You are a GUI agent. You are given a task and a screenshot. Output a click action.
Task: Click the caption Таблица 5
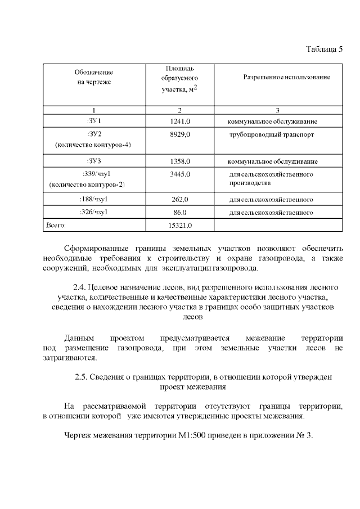tap(324, 49)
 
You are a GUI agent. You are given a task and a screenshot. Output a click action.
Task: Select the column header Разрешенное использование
tap(286, 76)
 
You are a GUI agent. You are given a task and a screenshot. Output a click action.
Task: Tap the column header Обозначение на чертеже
tap(94, 77)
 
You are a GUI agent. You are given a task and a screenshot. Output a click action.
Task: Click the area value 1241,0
tap(180, 121)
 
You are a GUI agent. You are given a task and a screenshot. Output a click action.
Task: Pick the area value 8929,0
tap(180, 135)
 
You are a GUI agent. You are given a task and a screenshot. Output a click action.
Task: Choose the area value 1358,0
tap(180, 161)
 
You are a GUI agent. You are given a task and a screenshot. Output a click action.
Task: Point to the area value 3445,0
tap(180, 174)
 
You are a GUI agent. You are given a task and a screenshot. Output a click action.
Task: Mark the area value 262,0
tap(180, 199)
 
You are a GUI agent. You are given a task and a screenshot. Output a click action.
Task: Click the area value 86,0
tap(180, 213)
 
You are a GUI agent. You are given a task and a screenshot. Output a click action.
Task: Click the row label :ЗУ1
tap(94, 121)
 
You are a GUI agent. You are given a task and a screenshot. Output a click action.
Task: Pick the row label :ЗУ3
tap(94, 161)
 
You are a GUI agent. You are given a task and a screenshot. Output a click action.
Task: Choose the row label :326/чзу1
tap(94, 213)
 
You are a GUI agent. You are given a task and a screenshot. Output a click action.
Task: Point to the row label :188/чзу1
tap(94, 199)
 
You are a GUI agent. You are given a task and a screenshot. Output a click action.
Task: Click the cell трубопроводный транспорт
tap(271, 135)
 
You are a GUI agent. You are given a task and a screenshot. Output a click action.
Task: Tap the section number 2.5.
tap(81, 377)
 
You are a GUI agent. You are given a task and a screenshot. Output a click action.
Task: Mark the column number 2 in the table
tap(179, 110)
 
